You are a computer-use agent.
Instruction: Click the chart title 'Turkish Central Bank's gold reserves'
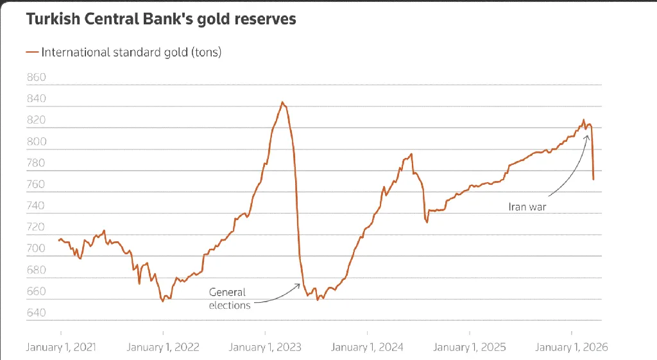(161, 19)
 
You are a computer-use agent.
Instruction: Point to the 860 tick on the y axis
(37, 78)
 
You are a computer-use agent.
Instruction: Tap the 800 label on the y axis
(37, 142)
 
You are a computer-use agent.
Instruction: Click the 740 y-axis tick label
(37, 206)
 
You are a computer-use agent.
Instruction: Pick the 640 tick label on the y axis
(37, 313)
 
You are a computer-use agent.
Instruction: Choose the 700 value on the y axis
(37, 249)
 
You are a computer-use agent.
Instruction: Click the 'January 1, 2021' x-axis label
(61, 347)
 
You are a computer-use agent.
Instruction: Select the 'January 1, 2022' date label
(163, 347)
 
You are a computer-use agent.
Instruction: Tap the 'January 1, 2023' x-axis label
(265, 347)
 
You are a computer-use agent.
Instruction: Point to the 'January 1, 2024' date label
(368, 347)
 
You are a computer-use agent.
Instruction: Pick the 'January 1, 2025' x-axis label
(470, 347)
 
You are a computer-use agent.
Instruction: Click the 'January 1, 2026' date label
(572, 347)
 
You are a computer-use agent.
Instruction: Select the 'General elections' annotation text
(229, 298)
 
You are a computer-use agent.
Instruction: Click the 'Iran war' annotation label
(527, 207)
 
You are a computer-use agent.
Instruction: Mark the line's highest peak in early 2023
(282, 102)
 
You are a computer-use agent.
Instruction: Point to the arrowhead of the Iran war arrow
(587, 135)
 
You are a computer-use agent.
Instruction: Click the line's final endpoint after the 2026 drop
(593, 179)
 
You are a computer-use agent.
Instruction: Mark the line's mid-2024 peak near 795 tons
(411, 154)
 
